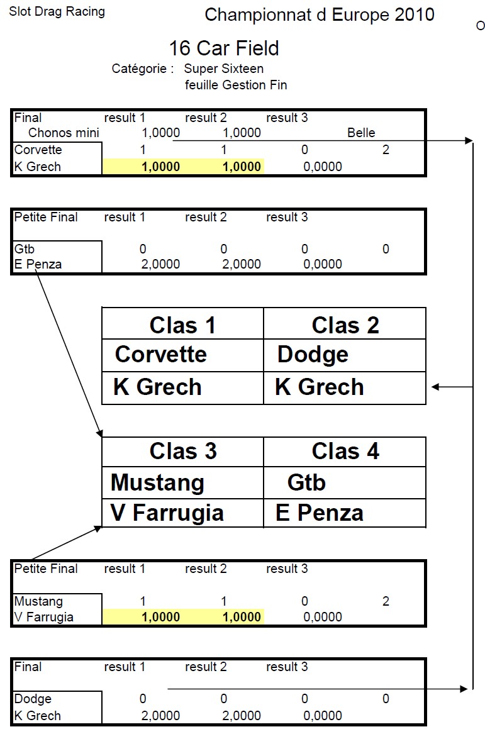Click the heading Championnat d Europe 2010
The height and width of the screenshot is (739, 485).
320,15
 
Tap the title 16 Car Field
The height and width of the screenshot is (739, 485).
223,48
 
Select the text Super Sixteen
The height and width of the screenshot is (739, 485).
224,69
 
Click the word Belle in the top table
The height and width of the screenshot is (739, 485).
361,133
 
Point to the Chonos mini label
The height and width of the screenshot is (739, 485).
64,133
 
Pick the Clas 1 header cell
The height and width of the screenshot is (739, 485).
182,325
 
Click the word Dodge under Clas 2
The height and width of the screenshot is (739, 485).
313,355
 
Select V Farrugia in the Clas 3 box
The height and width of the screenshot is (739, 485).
167,513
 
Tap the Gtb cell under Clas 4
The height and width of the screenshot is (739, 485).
306,483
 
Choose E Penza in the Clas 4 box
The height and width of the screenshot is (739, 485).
319,513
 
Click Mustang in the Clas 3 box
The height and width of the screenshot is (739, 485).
157,483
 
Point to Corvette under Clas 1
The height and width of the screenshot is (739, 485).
160,355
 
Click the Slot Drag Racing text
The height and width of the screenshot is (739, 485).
57,11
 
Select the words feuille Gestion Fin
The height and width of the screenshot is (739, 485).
236,85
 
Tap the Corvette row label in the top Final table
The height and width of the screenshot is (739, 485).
38,150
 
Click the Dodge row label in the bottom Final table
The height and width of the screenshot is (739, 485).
33,699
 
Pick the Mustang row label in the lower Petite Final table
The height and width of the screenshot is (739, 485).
38,601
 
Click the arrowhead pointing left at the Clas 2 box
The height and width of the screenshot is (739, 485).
435,387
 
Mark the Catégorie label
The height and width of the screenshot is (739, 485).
142,69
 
